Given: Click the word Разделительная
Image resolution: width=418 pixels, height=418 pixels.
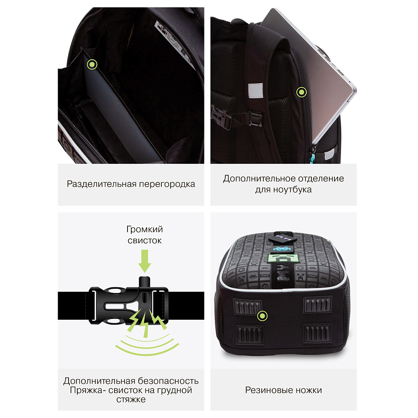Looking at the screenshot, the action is [x=102, y=184].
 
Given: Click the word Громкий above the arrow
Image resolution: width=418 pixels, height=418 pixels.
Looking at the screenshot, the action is [x=145, y=229].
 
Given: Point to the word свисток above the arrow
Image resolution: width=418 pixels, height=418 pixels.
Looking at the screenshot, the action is [x=145, y=240].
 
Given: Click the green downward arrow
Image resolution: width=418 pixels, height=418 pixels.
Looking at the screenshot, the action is [x=145, y=261].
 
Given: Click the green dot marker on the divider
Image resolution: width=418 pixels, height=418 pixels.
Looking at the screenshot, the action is [x=92, y=64].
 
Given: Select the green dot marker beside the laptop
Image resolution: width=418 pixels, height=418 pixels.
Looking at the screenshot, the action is [x=301, y=92].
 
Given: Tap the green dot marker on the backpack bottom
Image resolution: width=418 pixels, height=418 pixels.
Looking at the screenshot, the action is [x=263, y=316].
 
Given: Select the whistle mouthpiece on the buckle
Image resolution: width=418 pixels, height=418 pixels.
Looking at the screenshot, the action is [x=145, y=282].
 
